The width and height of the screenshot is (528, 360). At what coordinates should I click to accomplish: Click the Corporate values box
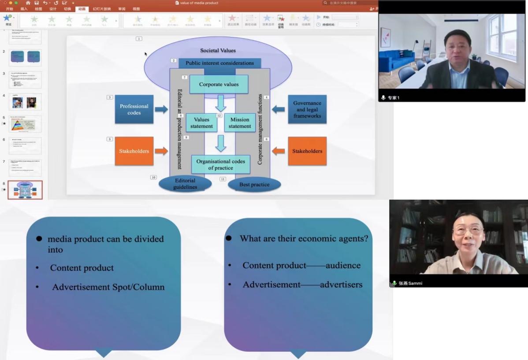(219, 84)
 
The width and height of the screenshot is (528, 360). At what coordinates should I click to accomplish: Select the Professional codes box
(134, 109)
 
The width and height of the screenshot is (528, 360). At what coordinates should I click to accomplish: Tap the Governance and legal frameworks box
(307, 109)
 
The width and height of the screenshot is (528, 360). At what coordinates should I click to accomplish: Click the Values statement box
(201, 123)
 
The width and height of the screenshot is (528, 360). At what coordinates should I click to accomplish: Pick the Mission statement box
(240, 123)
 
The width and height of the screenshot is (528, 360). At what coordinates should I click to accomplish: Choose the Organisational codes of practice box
(220, 164)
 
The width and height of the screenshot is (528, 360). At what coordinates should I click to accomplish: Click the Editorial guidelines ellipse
(185, 184)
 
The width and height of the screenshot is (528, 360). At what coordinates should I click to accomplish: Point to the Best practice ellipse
(254, 185)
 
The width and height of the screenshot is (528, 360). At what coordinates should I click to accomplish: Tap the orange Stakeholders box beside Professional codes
(134, 151)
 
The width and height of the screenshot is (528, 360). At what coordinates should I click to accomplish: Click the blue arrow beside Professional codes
(161, 109)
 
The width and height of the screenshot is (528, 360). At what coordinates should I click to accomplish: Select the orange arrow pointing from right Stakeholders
(279, 151)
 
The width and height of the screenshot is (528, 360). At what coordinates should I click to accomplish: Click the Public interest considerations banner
(219, 63)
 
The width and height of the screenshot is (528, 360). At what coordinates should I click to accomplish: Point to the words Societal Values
(218, 51)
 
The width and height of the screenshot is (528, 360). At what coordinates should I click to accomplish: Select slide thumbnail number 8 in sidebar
(25, 190)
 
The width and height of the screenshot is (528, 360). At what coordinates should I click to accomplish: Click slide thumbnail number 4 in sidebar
(25, 102)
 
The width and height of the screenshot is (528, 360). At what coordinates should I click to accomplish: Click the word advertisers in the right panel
(341, 285)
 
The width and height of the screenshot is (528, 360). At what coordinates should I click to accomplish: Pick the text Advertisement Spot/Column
(108, 287)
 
